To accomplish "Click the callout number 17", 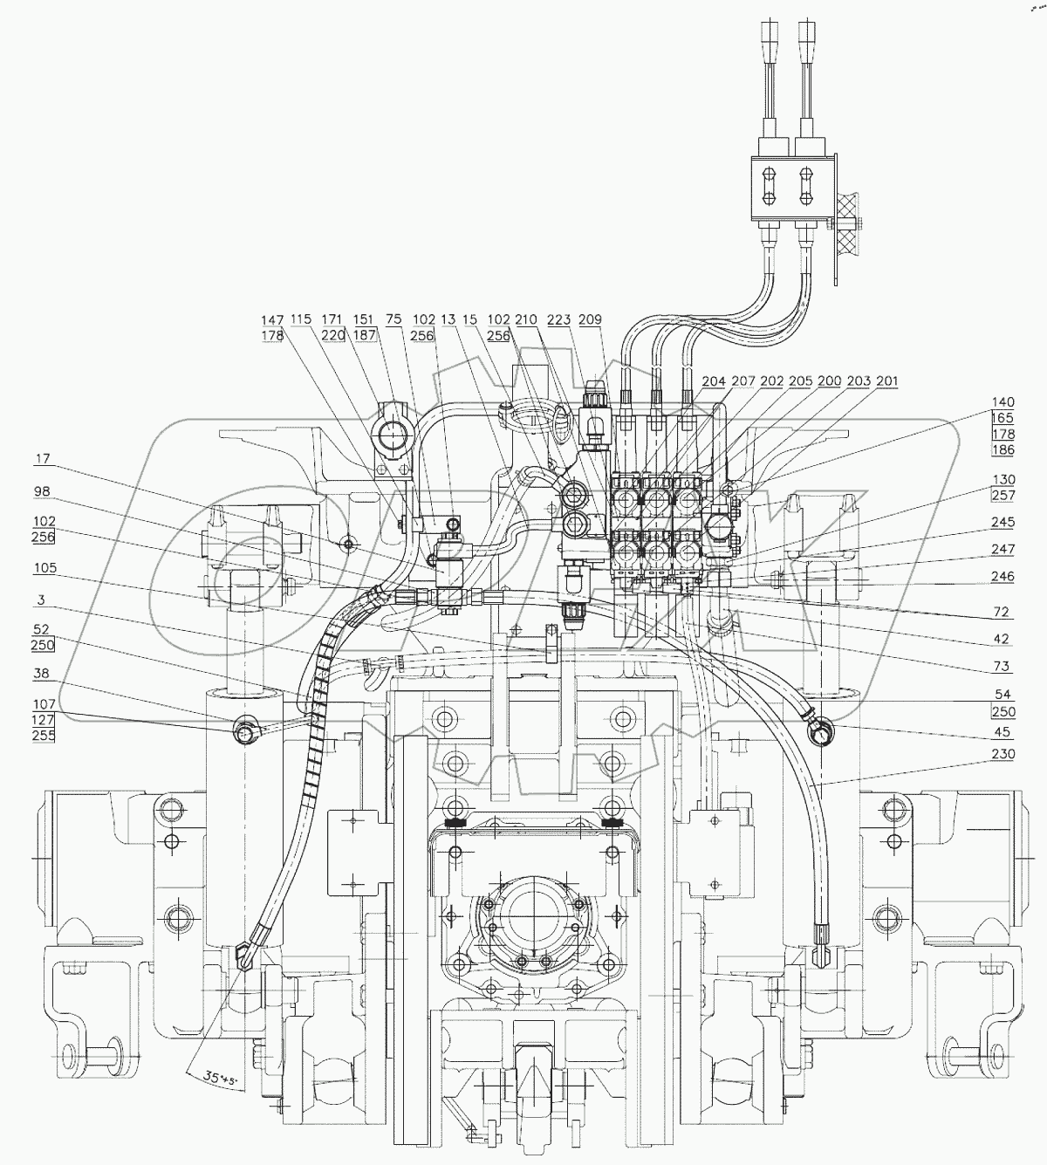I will pyautogui.click(x=43, y=458).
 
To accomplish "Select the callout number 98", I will pyautogui.click(x=43, y=492).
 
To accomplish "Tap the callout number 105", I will pyautogui.click(x=44, y=568).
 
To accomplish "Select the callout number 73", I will pyautogui.click(x=1000, y=667).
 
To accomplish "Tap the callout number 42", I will pyautogui.click(x=1000, y=639).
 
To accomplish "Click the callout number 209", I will pyautogui.click(x=591, y=319).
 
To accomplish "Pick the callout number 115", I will pyautogui.click(x=301, y=319).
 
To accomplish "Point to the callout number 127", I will pyautogui.click(x=44, y=720).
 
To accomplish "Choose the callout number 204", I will pyautogui.click(x=714, y=381).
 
